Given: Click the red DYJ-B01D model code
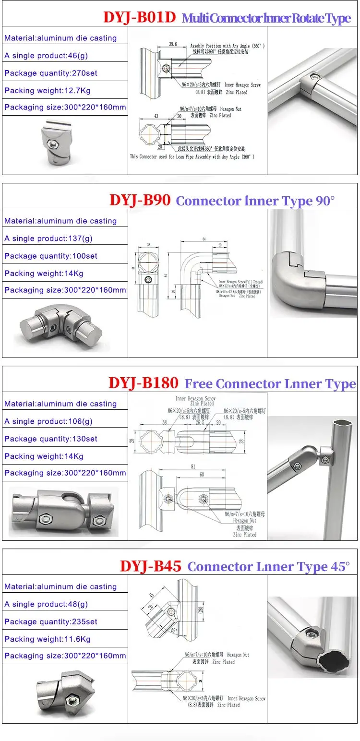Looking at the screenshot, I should pyautogui.click(x=140, y=18).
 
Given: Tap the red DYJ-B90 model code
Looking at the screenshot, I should pyautogui.click(x=140, y=200).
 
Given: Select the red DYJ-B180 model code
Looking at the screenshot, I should pyautogui.click(x=143, y=382).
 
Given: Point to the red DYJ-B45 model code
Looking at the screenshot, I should pyautogui.click(x=150, y=566).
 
